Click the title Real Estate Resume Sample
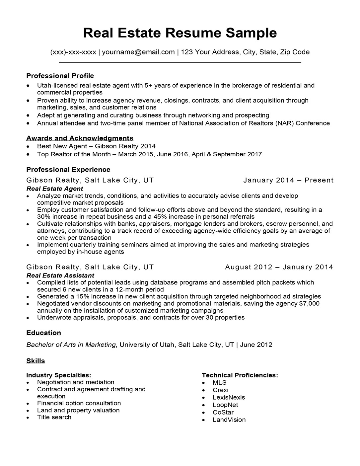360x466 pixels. (x=180, y=33)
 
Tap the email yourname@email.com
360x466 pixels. (x=138, y=52)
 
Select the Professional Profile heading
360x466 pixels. (x=60, y=76)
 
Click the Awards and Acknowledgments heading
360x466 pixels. (x=80, y=138)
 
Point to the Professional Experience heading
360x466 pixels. (x=68, y=170)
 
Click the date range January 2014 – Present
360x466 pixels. (x=288, y=180)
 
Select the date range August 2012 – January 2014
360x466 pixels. (x=279, y=267)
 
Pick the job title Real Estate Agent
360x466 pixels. (x=54, y=189)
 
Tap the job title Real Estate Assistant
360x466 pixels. (x=60, y=275)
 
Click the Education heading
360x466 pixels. (x=43, y=333)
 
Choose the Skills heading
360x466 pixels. (x=36, y=361)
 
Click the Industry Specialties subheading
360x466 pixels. (x=58, y=375)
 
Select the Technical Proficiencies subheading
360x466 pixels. (x=240, y=375)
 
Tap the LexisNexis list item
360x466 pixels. (x=229, y=397)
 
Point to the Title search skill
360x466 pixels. (x=54, y=417)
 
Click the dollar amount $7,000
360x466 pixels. (x=309, y=303)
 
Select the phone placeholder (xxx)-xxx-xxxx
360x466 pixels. (x=73, y=52)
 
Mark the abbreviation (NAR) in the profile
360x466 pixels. (x=284, y=123)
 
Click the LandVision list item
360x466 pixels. (x=229, y=420)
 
